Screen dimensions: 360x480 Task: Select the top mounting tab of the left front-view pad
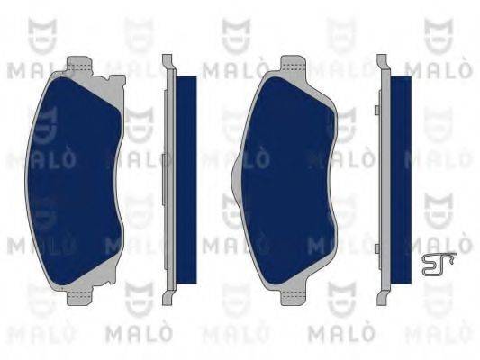(82, 64)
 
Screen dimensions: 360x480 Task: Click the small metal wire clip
(438, 262)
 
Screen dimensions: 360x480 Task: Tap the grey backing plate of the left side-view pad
(168, 180)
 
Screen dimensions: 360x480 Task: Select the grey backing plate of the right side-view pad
(384, 180)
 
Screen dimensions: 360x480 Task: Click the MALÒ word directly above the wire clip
(431, 244)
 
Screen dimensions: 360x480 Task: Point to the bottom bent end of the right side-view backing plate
(382, 297)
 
